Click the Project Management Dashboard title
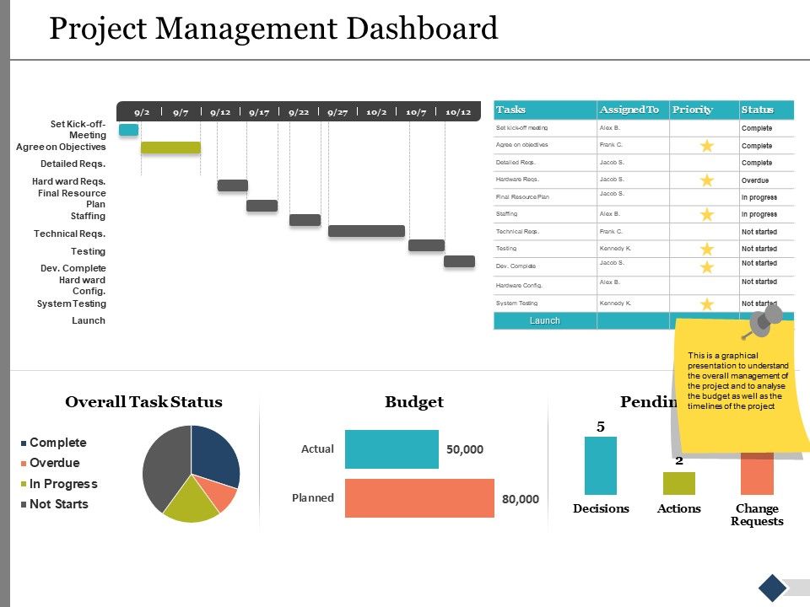273,30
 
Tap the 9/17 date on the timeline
259,111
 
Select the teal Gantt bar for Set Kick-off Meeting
128,130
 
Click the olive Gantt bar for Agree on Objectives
170,148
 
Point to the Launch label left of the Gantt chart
89,320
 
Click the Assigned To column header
629,110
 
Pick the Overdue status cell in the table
756,180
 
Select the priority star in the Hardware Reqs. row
706,180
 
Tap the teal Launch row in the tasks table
545,320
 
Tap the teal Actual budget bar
391,449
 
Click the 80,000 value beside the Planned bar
520,499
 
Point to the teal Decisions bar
600,465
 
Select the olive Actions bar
678,483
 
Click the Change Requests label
757,514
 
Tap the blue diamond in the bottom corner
772,588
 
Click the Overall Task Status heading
143,402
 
